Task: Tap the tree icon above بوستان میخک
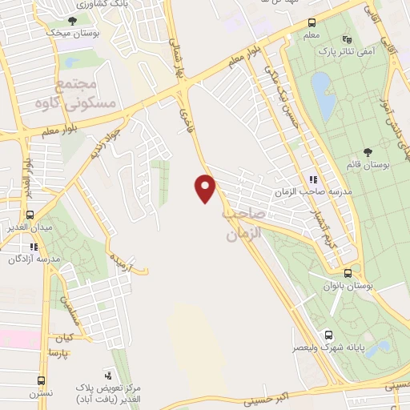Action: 73,22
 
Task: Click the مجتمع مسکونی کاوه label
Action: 87,94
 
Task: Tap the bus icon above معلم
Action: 312,23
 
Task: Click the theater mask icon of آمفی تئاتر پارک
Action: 346,38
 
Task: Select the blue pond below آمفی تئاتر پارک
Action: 324,96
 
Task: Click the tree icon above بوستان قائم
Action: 368,152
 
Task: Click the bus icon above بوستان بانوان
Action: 347,272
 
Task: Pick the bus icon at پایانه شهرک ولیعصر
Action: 328,335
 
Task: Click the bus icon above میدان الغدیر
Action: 30,215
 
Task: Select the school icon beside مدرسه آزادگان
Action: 34,247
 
